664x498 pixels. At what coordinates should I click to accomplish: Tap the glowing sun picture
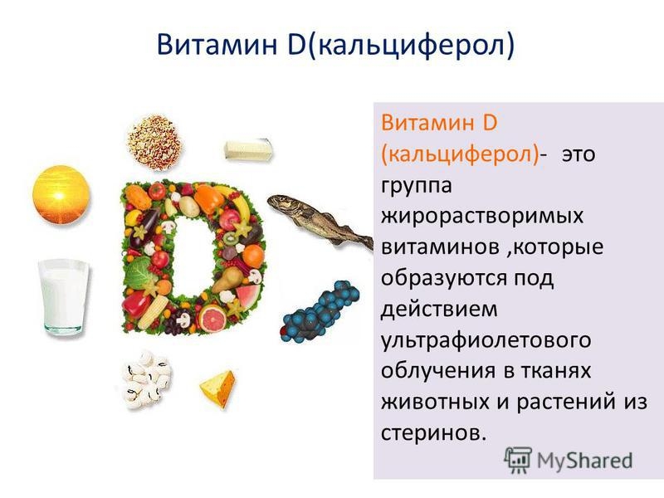[x=60, y=194]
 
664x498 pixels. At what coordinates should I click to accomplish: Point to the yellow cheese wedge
[x=217, y=386]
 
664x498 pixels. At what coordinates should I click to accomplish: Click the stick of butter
[x=248, y=150]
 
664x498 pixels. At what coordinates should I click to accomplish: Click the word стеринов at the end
[x=432, y=432]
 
